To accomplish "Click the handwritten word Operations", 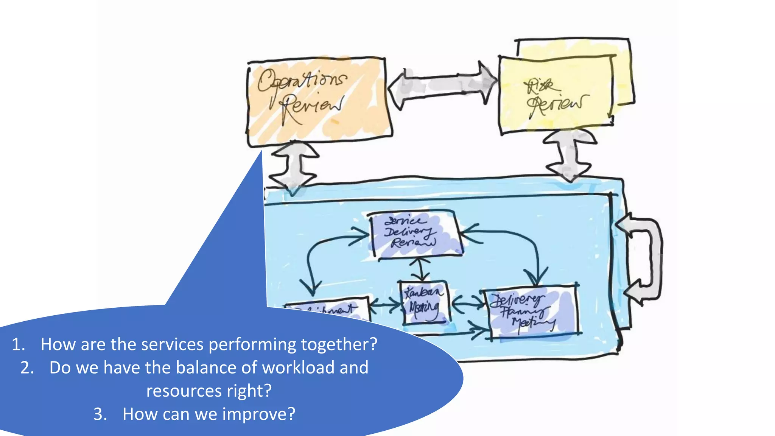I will click(302, 80).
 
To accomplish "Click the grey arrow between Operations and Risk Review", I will click(443, 86).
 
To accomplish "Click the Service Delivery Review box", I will click(415, 234).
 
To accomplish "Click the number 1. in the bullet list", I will click(18, 344).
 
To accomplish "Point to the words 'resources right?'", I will click(209, 391).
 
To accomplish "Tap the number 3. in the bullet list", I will click(100, 414).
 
